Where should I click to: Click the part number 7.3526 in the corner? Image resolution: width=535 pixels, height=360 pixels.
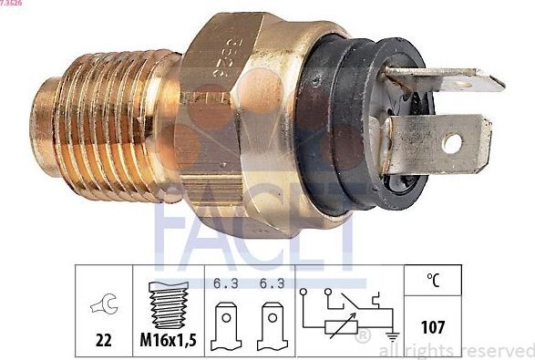click(12, 4)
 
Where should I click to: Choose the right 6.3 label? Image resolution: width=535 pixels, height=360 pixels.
click(269, 283)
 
